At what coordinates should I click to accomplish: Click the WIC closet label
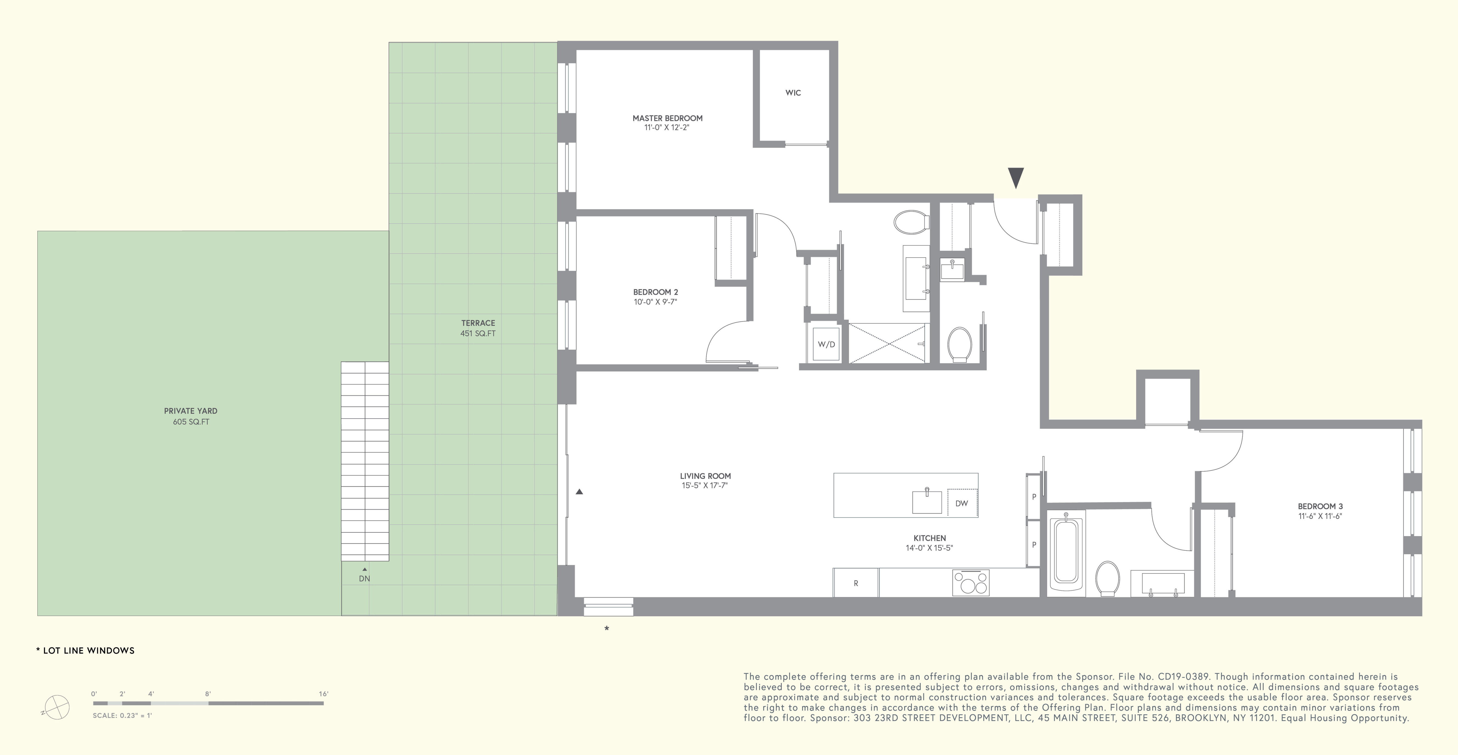tap(793, 93)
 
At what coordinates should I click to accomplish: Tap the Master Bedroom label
tap(667, 118)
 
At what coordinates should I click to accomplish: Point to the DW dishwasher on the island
tap(962, 503)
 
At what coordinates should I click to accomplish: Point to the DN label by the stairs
tap(364, 578)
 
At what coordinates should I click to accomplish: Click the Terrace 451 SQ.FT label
tap(478, 328)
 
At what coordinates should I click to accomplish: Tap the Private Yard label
tap(191, 411)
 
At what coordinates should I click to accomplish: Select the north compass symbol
tap(57, 707)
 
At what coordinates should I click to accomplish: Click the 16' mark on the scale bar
tap(323, 694)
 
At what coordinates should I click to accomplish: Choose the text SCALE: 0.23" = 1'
tap(122, 715)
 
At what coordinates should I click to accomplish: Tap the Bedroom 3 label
tap(1320, 506)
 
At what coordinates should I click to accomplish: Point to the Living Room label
tap(705, 476)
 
